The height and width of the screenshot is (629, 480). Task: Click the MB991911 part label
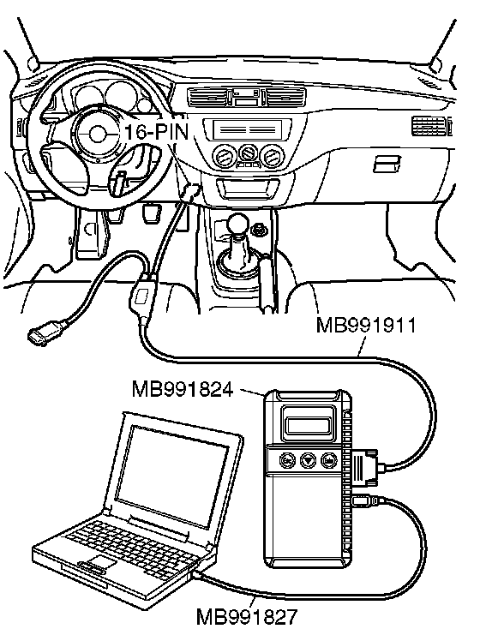pyautogui.click(x=366, y=325)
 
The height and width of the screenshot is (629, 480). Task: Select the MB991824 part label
pyautogui.click(x=183, y=389)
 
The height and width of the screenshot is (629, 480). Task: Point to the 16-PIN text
pyautogui.click(x=157, y=131)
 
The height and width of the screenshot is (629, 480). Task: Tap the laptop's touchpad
pyautogui.click(x=103, y=561)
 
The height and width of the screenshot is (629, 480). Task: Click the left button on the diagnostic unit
pyautogui.click(x=286, y=459)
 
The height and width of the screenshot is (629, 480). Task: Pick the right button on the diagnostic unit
pyautogui.click(x=328, y=459)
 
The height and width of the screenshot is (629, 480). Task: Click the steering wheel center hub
pyautogui.click(x=96, y=134)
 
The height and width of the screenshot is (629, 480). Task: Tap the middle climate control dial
pyautogui.click(x=248, y=153)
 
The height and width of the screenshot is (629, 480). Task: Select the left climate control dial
pyautogui.click(x=224, y=157)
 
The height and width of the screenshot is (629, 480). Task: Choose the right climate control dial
pyautogui.click(x=272, y=156)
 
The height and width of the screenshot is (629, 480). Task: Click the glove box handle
pyautogui.click(x=387, y=164)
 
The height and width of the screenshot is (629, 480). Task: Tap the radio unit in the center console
pyautogui.click(x=248, y=129)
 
